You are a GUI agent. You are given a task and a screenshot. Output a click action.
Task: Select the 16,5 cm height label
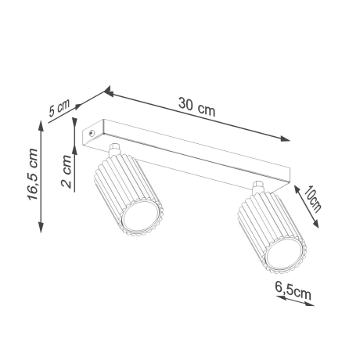pos(30,176)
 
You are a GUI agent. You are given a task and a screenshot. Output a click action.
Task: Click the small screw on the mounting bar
pos(94,135)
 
